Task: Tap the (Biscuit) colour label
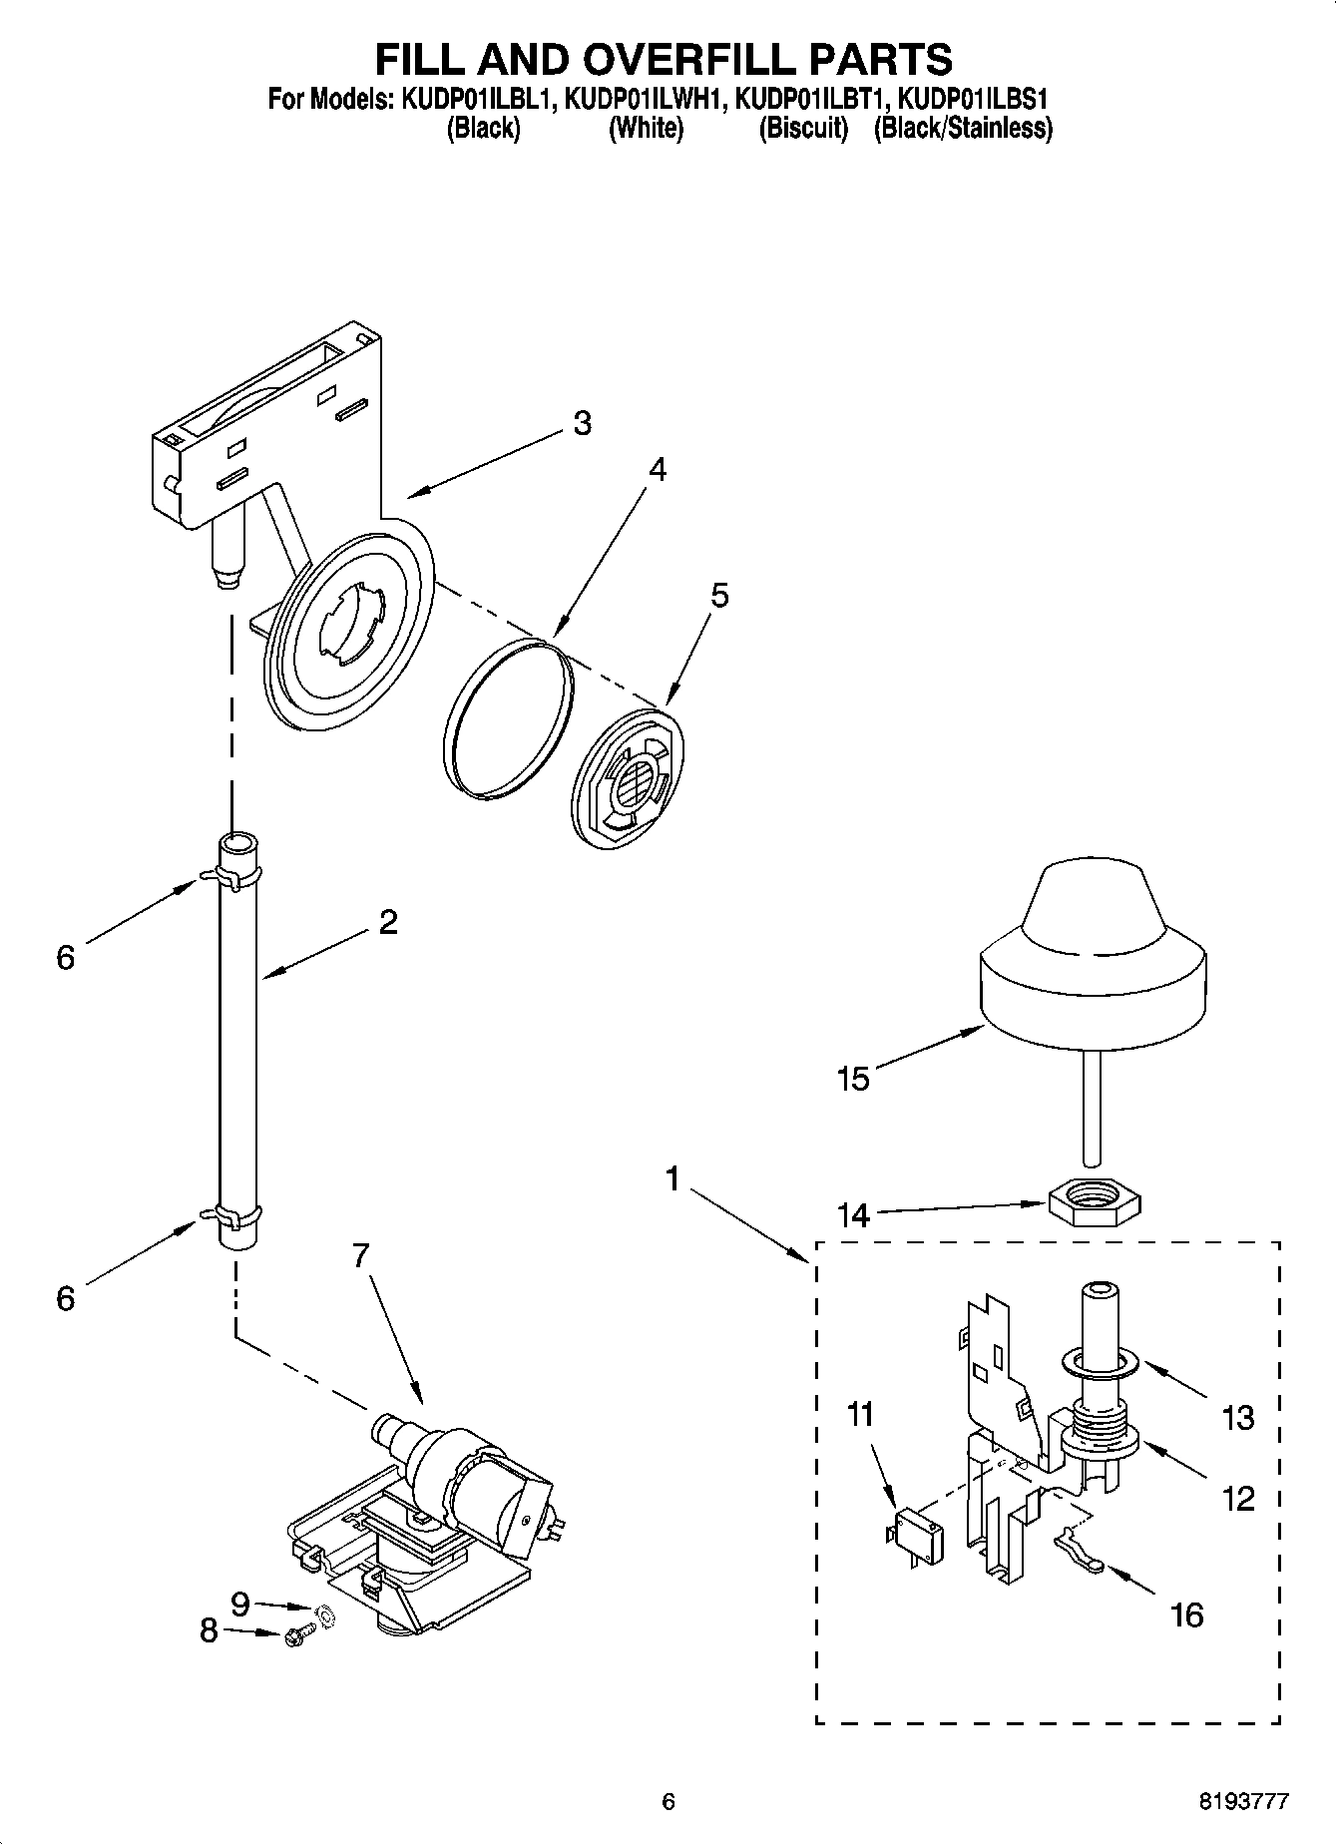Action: pos(803,129)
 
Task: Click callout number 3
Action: pos(583,423)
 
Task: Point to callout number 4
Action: pos(656,469)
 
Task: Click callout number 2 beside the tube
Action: pos(387,921)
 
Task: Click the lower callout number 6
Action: pos(65,1298)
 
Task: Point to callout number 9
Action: pos(239,1605)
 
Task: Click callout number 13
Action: pos(1237,1417)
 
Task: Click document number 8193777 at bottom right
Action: pos(1243,1801)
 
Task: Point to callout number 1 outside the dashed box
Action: pos(672,1180)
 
